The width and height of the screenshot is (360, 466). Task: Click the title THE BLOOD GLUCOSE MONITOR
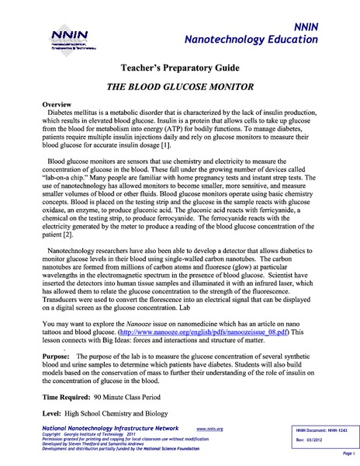(180, 88)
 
